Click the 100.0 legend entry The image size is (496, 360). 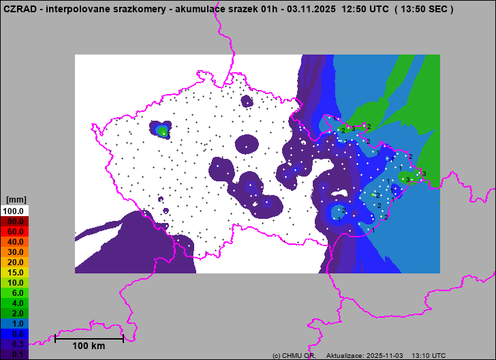pyautogui.click(x=15, y=211)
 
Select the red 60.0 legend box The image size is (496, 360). pyautogui.click(x=15, y=231)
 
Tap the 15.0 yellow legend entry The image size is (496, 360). pyautogui.click(x=15, y=272)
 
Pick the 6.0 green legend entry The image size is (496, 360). pyautogui.click(x=15, y=292)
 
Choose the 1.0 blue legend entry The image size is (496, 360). pyautogui.click(x=15, y=323)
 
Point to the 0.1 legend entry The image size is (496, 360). pyautogui.click(x=15, y=354)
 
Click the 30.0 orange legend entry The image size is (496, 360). pyautogui.click(x=15, y=252)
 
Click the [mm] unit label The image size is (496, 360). pyautogui.click(x=15, y=200)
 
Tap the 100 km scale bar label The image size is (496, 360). pyautogui.click(x=89, y=346)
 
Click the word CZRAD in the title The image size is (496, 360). pyautogui.click(x=19, y=9)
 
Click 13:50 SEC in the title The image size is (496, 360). pyautogui.click(x=423, y=9)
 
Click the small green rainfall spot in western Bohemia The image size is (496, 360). pyautogui.click(x=163, y=130)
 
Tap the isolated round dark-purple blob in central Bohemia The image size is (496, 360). pyautogui.click(x=247, y=145)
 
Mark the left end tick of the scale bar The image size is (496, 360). pyautogui.click(x=55, y=337)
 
